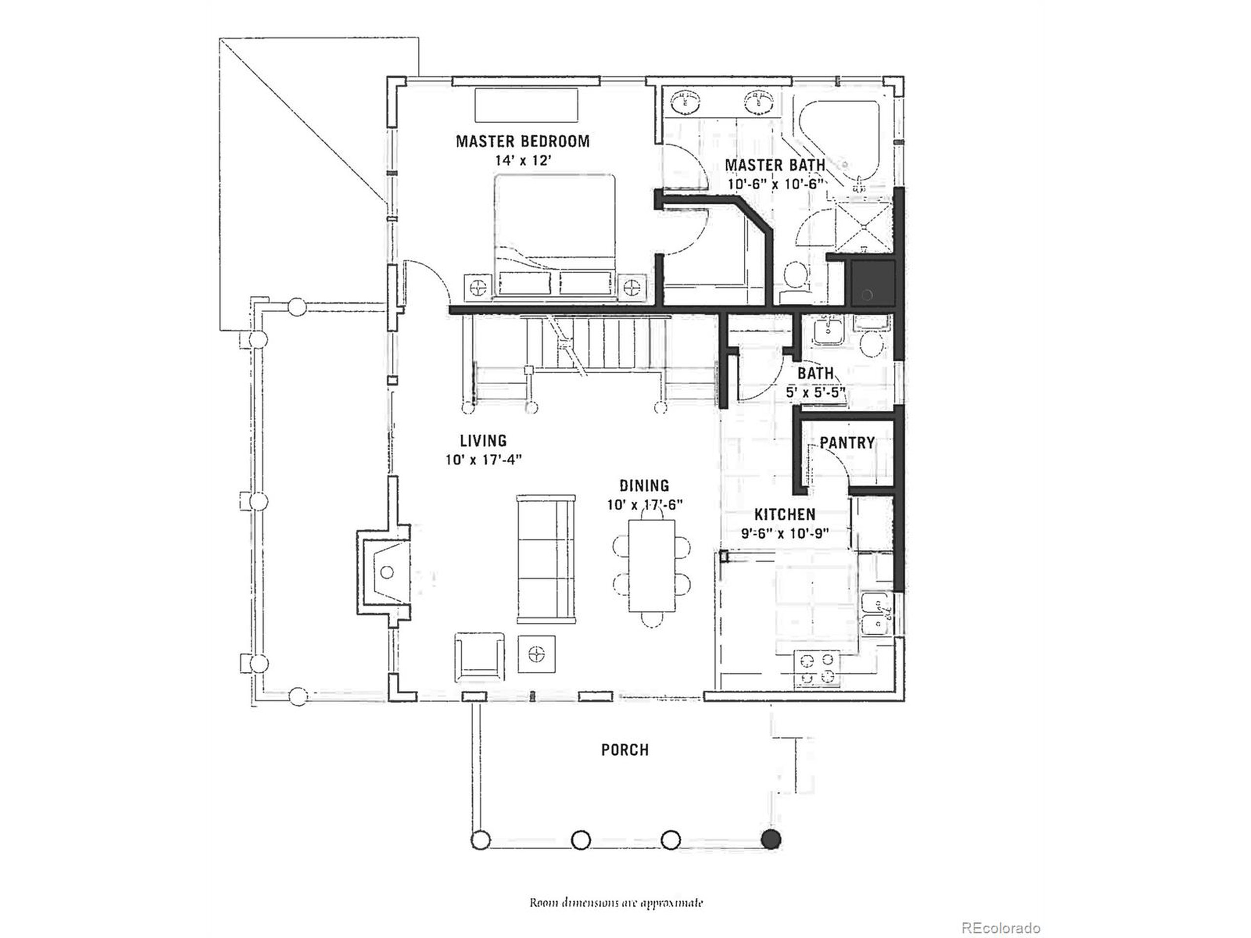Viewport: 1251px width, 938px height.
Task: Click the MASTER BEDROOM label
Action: pyautogui.click(x=522, y=141)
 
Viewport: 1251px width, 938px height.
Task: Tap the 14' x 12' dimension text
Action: pyautogui.click(x=522, y=161)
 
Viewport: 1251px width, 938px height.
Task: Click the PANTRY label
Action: pyautogui.click(x=847, y=443)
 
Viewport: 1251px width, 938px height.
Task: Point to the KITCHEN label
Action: pyautogui.click(x=785, y=514)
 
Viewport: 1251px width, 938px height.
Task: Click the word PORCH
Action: pyautogui.click(x=625, y=750)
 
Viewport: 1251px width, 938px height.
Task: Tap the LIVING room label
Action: pyautogui.click(x=482, y=441)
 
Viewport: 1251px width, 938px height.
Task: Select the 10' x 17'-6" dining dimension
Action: pyautogui.click(x=645, y=505)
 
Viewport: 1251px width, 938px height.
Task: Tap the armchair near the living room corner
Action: pyautogui.click(x=479, y=658)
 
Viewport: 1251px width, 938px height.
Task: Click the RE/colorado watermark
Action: pyautogui.click(x=1001, y=913)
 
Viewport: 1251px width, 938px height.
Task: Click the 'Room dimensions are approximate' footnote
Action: pyautogui.click(x=616, y=902)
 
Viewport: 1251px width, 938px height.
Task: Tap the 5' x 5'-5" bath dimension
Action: pyautogui.click(x=815, y=392)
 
